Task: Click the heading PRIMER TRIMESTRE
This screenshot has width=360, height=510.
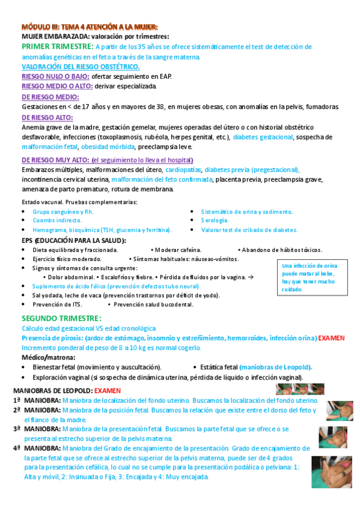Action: (x=57, y=46)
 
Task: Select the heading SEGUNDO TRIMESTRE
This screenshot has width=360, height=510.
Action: (x=61, y=318)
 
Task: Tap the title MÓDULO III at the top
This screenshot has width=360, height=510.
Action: (x=90, y=27)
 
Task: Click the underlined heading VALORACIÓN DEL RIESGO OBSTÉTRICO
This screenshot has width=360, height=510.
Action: (x=81, y=66)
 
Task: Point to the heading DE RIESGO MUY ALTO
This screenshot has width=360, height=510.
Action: (x=55, y=160)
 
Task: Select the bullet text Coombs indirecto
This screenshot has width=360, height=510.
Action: (x=58, y=221)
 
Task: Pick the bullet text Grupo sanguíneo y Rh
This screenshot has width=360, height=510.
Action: (x=63, y=212)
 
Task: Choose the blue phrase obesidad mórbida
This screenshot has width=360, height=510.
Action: (x=108, y=147)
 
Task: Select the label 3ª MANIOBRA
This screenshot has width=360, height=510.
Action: (x=36, y=429)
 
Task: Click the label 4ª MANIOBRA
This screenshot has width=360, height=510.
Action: (x=36, y=448)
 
